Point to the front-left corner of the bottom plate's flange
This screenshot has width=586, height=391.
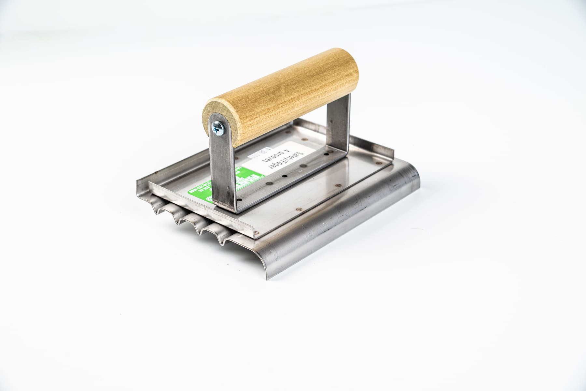click(x=138, y=191)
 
